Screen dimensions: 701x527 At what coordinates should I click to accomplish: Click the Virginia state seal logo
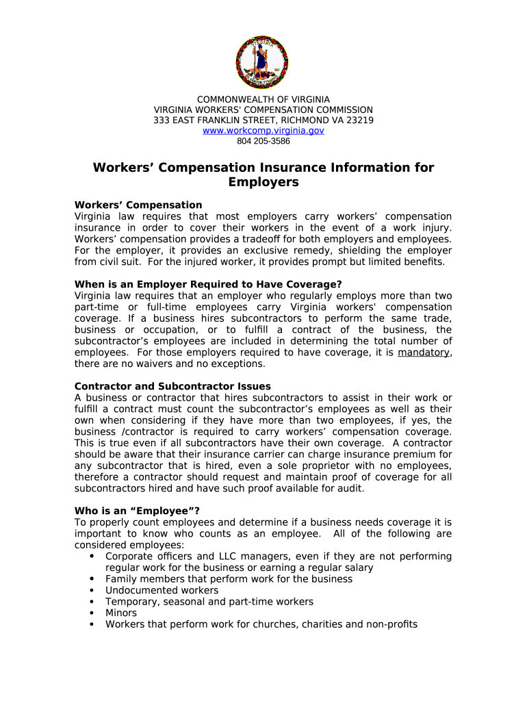pyautogui.click(x=261, y=62)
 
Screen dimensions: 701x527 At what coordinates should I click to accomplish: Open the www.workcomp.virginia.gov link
pyautogui.click(x=263, y=130)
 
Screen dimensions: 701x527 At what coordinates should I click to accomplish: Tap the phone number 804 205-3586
pyautogui.click(x=263, y=141)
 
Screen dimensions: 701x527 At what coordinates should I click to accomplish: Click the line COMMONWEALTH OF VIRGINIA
pyautogui.click(x=263, y=100)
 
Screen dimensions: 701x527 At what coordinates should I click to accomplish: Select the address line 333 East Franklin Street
pyautogui.click(x=263, y=120)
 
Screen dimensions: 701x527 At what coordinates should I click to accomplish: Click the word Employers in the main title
pyautogui.click(x=263, y=183)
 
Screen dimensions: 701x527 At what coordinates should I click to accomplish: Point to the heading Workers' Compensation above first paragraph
pyautogui.click(x=138, y=205)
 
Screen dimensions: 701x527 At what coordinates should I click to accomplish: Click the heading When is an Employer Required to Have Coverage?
pyautogui.click(x=208, y=284)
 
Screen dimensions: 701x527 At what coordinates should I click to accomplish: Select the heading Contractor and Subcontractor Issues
pyautogui.click(x=172, y=386)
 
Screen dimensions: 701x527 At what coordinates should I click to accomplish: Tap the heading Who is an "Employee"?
pyautogui.click(x=136, y=510)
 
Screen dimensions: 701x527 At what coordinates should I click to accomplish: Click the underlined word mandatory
pyautogui.click(x=424, y=352)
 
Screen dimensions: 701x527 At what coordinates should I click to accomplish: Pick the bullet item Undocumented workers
pyautogui.click(x=162, y=590)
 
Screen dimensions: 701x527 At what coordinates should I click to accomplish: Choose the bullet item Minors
pyautogui.click(x=121, y=613)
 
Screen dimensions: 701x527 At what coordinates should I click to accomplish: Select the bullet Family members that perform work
pyautogui.click(x=229, y=578)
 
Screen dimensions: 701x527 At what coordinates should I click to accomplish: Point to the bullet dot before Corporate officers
pyautogui.click(x=92, y=557)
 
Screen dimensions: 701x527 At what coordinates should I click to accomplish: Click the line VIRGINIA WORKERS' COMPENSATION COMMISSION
pyautogui.click(x=263, y=110)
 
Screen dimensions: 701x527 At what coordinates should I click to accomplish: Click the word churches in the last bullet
pyautogui.click(x=275, y=624)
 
